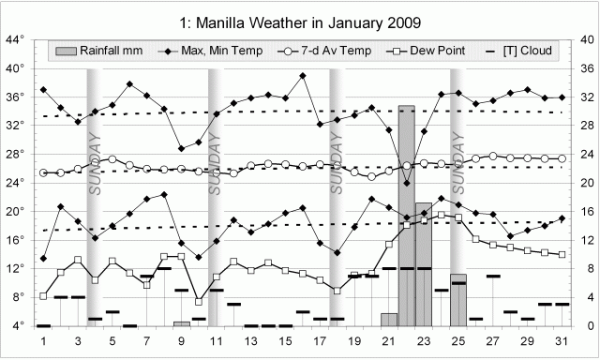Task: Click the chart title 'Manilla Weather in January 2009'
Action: (x=299, y=21)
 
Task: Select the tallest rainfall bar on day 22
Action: (x=406, y=216)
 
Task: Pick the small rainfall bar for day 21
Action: (x=389, y=320)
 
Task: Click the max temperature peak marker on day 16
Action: (x=303, y=76)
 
